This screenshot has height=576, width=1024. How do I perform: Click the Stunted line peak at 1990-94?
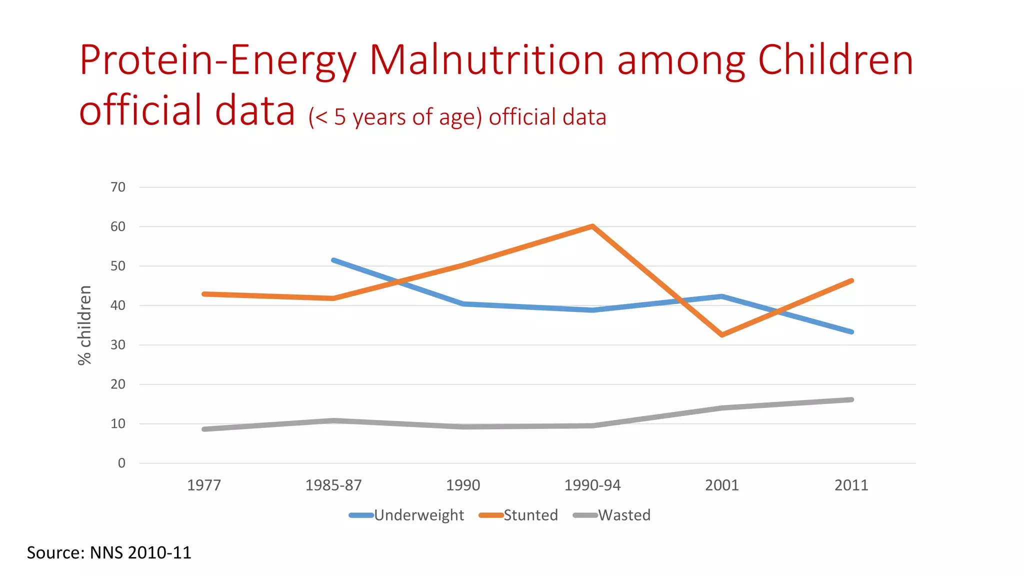(592, 226)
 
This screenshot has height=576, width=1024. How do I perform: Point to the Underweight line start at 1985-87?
(333, 260)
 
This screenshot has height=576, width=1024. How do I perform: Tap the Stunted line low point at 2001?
(722, 334)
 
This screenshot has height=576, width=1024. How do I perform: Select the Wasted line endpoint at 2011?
(851, 399)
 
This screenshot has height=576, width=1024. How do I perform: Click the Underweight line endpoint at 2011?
(851, 331)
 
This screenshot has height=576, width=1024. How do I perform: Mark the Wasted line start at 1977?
(204, 429)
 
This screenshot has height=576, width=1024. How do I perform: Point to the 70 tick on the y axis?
(118, 187)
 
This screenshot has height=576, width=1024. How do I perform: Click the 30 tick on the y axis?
(118, 345)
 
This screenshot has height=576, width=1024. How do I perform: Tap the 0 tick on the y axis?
(121, 463)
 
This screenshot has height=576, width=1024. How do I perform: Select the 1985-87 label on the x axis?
(333, 485)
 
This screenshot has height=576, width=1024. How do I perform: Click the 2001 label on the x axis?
(722, 485)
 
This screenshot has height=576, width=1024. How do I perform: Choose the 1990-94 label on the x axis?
(592, 485)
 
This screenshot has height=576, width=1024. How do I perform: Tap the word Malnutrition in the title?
(486, 60)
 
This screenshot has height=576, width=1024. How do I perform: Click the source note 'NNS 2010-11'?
(140, 552)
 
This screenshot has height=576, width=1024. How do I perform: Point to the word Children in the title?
(835, 60)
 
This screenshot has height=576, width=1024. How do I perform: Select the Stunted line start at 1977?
(204, 294)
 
